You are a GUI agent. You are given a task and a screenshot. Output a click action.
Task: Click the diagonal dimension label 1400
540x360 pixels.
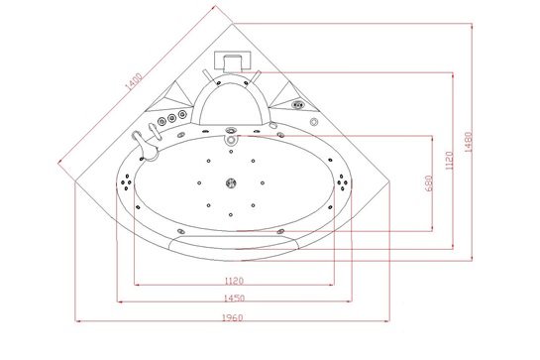coord(134,81)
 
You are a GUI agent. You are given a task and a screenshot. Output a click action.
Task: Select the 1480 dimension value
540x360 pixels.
coord(469,142)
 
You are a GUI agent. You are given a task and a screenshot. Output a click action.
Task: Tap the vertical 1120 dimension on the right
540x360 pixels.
coord(449,161)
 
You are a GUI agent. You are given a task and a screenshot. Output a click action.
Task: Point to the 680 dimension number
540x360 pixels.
coord(428,183)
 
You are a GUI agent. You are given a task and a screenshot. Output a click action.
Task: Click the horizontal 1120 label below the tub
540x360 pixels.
coord(234,281)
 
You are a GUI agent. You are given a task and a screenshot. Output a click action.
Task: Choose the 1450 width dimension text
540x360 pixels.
coord(234,298)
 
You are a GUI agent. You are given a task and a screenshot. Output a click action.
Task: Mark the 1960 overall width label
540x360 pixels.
coord(232,317)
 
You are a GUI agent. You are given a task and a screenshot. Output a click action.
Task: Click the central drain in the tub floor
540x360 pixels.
coord(231,182)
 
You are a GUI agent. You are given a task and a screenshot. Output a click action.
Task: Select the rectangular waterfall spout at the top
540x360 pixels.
coord(232,61)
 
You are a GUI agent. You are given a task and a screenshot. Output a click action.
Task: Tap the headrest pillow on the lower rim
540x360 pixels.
coord(234,242)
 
